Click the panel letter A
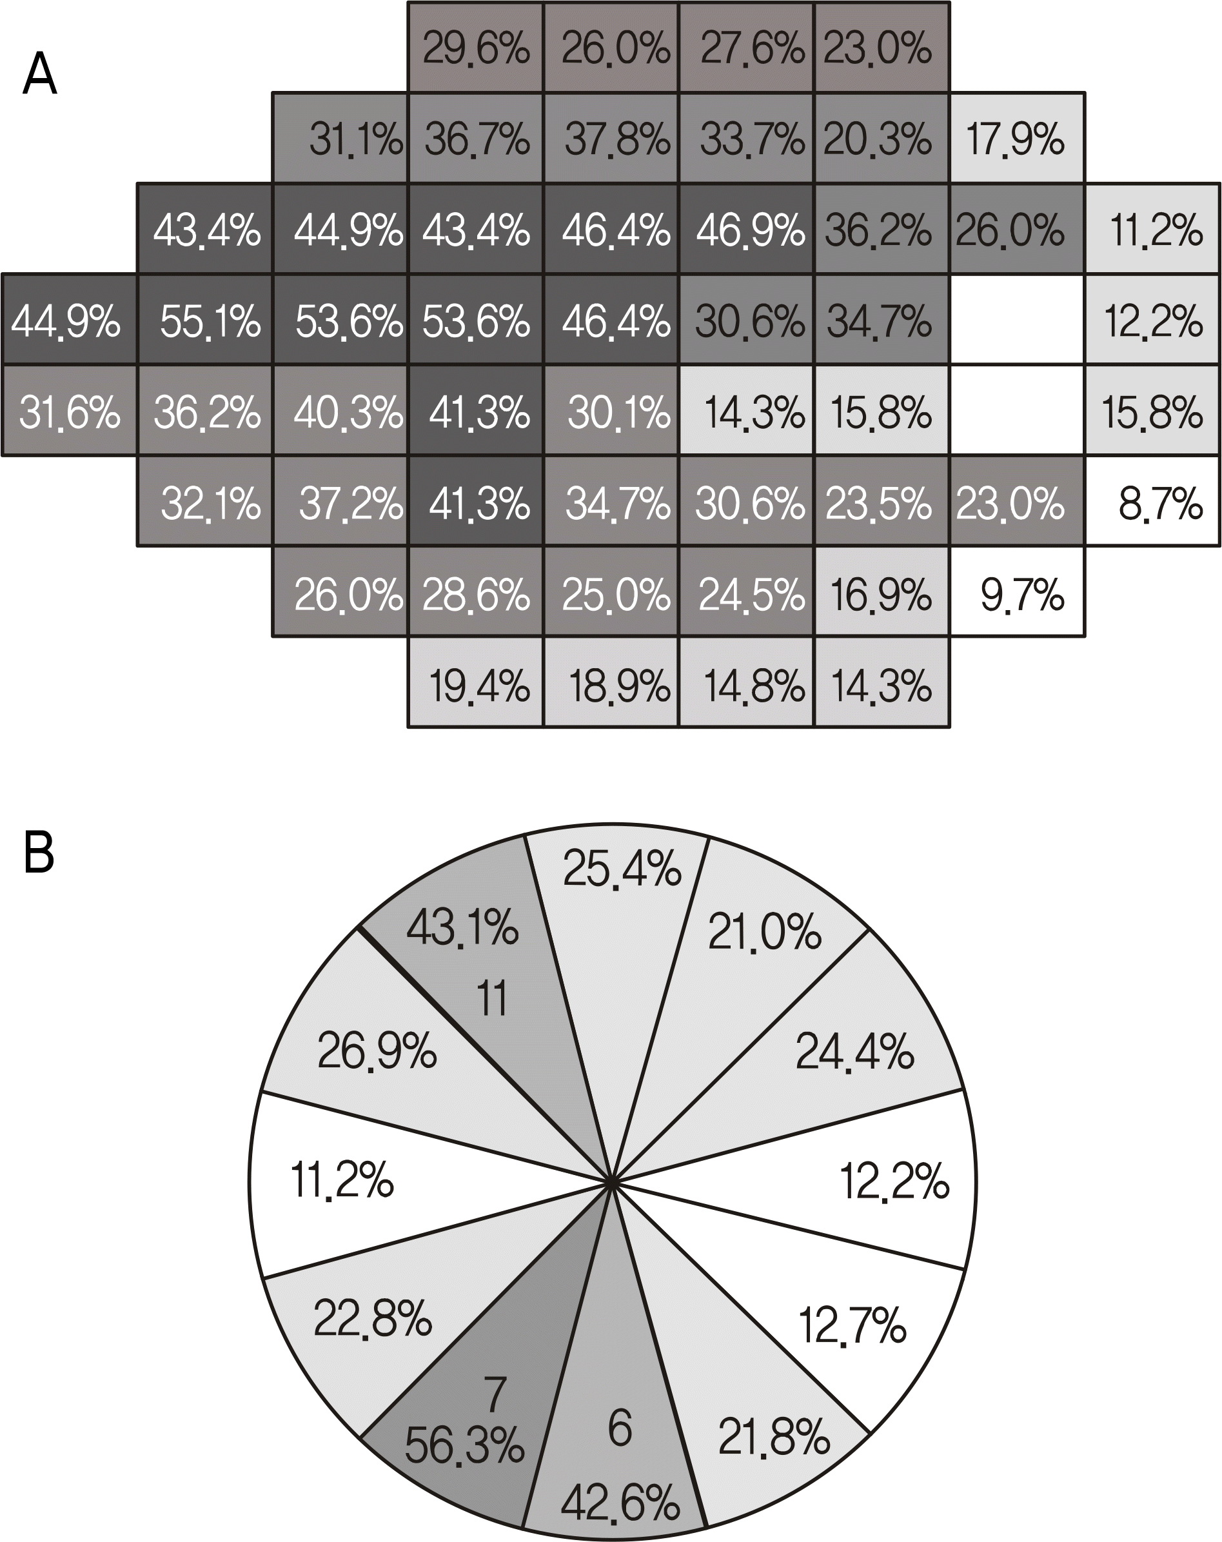(39, 74)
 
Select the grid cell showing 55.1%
(204, 320)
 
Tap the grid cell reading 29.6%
(475, 48)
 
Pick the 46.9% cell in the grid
(746, 230)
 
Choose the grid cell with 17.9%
(1017, 138)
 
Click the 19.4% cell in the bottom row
(475, 684)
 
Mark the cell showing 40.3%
(340, 411)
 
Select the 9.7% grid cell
(1017, 593)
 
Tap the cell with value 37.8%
(610, 138)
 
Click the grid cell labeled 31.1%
(340, 138)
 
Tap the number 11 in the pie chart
(492, 998)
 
